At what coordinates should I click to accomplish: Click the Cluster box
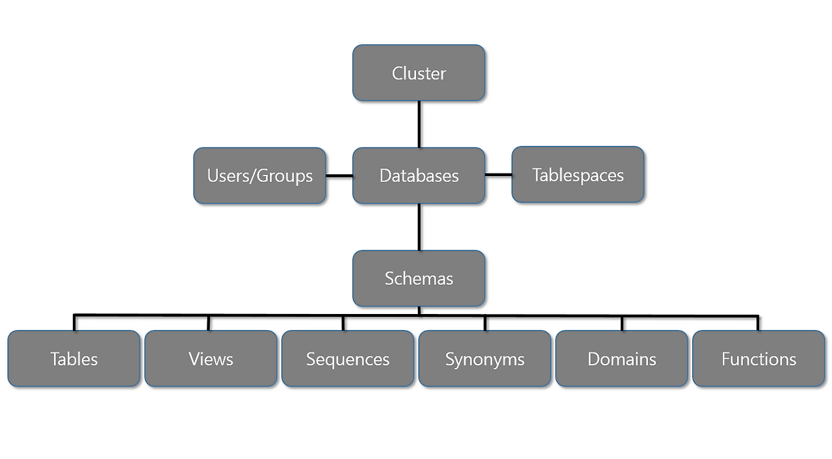(419, 73)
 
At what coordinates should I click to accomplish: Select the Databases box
(419, 176)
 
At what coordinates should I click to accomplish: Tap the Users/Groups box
(259, 176)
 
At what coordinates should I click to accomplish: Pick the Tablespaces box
(578, 175)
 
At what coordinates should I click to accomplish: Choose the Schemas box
(419, 278)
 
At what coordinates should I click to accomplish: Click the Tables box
(74, 359)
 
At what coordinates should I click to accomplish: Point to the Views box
(211, 359)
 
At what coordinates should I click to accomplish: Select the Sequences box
(348, 359)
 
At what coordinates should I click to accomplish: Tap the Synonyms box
(485, 359)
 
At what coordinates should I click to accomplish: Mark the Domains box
(621, 359)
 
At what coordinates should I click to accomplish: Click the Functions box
(759, 359)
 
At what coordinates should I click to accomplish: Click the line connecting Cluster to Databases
(419, 124)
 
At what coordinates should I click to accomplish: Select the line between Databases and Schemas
(419, 227)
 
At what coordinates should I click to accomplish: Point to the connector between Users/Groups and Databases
(339, 176)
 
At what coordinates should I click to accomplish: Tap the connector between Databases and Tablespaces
(499, 175)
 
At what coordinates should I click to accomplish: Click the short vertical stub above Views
(209, 323)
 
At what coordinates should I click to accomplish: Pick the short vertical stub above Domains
(622, 323)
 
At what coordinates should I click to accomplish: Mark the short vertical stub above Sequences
(343, 323)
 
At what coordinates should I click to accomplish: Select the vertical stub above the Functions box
(758, 323)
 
